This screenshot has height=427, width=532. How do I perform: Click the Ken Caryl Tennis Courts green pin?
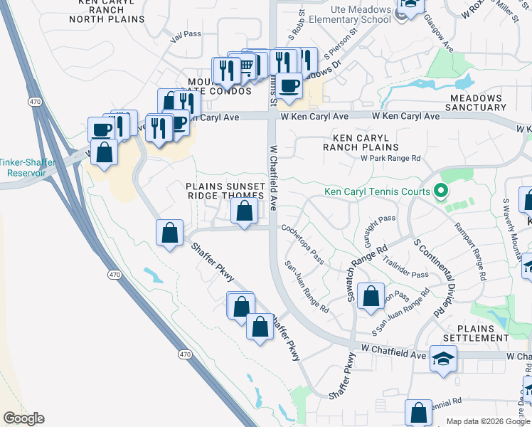[440, 191]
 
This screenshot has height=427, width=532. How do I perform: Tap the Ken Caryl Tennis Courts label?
[377, 191]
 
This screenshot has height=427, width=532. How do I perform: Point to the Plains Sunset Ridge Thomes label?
[225, 191]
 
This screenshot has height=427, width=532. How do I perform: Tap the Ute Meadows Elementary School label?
[346, 14]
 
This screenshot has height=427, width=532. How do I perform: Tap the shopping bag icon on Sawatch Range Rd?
[371, 297]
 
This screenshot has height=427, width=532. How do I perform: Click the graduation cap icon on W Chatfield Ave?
[443, 359]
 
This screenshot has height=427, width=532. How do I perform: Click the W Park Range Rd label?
[390, 158]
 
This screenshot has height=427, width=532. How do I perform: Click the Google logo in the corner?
[23, 418]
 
